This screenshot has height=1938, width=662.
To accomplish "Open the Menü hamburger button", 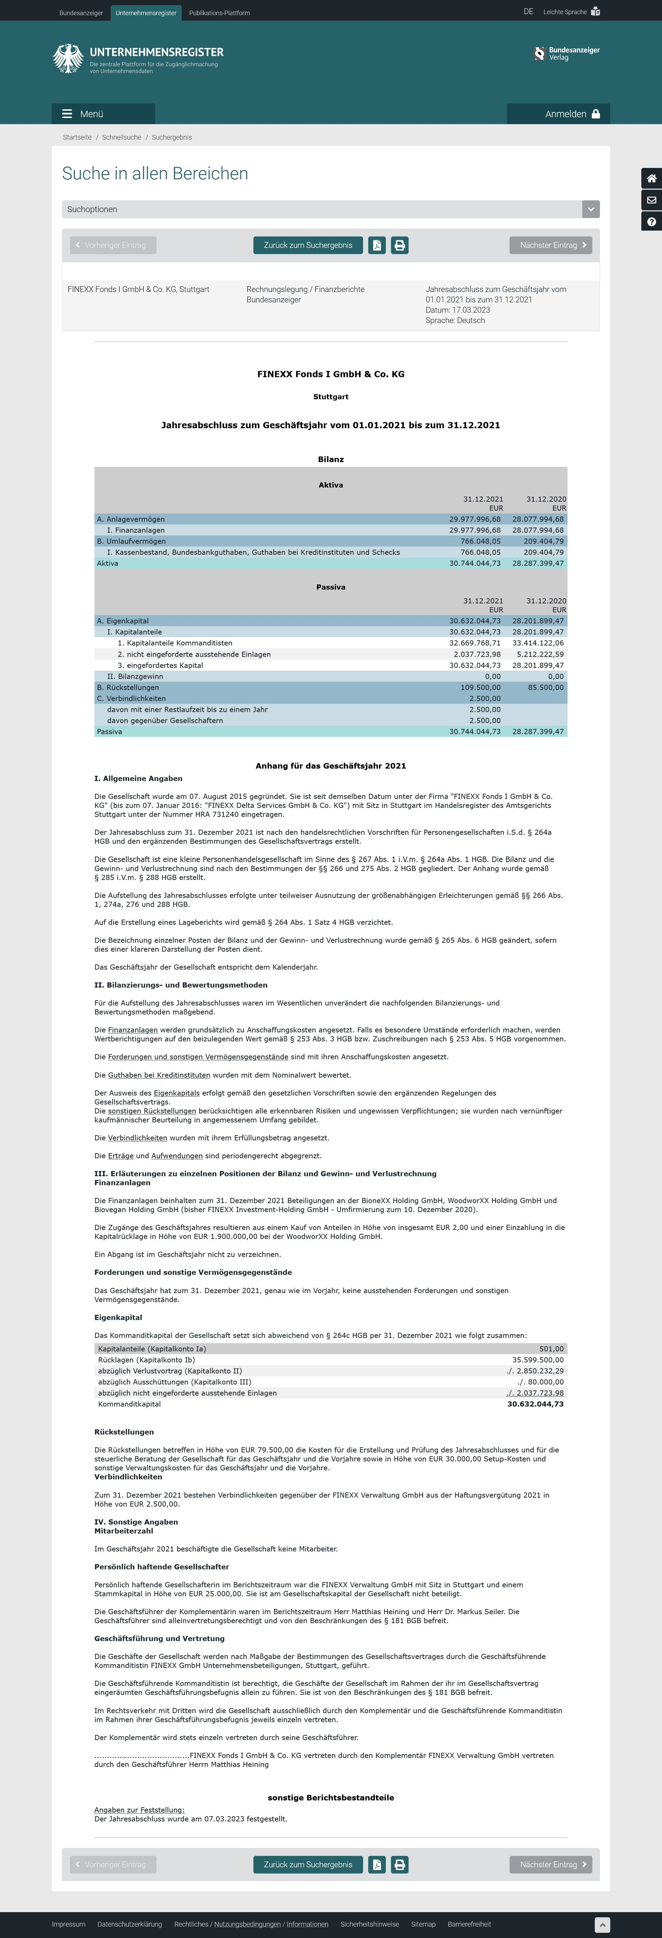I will tap(103, 113).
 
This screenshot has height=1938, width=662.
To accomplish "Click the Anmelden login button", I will tap(558, 113).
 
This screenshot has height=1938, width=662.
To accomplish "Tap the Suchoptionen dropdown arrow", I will tap(591, 209).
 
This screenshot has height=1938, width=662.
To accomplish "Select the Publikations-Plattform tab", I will tap(220, 13).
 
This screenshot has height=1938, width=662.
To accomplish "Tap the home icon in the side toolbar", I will tap(651, 178).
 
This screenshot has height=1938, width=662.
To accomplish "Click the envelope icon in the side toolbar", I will tap(651, 200).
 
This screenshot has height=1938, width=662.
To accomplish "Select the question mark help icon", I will tap(651, 222).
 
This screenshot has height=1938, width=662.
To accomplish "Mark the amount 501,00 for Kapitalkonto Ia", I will tap(551, 1349).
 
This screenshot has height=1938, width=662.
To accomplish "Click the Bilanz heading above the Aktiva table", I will tap(331, 459).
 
